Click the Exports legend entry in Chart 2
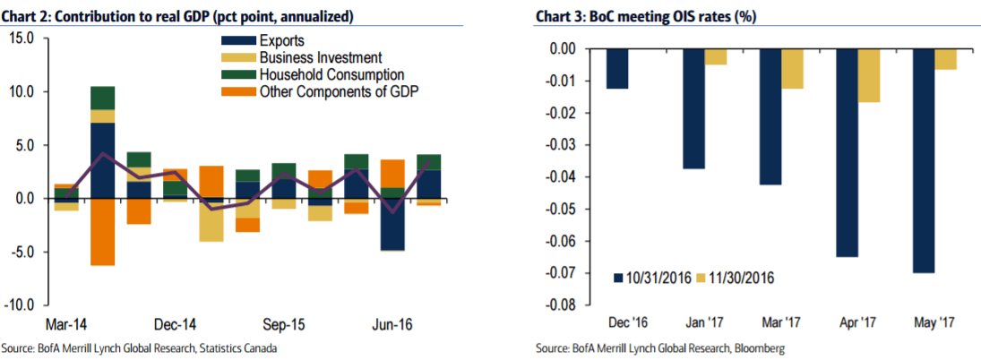[281, 40]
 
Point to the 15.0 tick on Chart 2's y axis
[22, 39]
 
